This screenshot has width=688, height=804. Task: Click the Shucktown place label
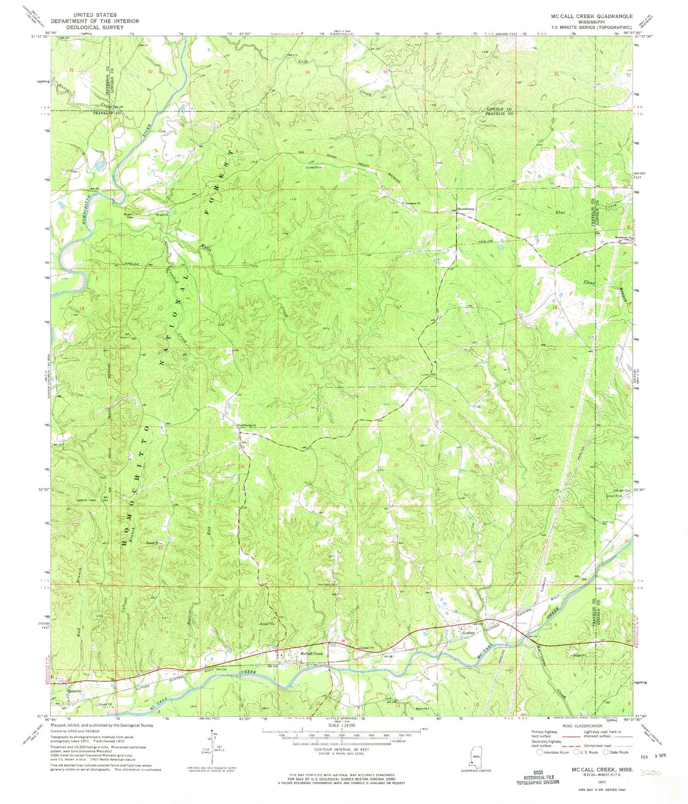(466, 209)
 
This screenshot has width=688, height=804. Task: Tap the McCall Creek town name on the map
(311, 653)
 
